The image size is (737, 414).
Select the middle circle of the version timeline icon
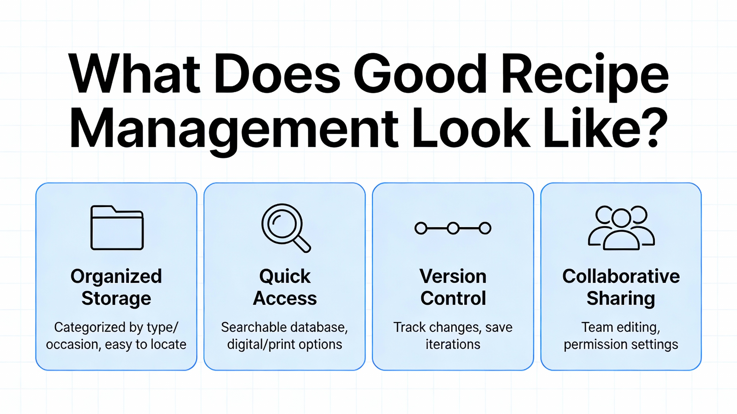point(453,229)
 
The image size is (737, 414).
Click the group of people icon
point(621,228)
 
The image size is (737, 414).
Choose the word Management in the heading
point(234,131)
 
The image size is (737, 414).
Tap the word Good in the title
point(420,74)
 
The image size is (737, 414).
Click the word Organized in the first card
point(116,277)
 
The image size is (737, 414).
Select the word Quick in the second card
point(285,277)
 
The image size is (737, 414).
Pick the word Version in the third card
point(453,276)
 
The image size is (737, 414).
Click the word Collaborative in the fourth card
point(621,276)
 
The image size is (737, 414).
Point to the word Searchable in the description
point(250,327)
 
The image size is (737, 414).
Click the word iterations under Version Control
point(453,344)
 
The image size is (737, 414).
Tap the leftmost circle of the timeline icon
point(421,229)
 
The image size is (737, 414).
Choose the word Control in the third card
point(453,298)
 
